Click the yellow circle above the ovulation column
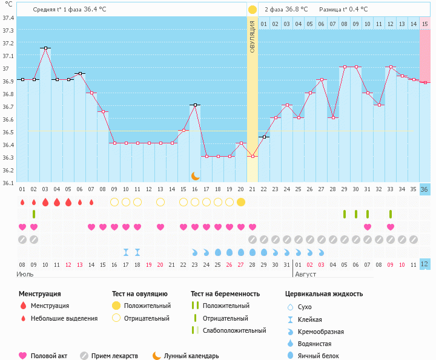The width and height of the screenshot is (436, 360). point(252,10)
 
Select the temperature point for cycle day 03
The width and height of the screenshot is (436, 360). point(45,48)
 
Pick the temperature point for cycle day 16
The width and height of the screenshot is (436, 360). point(195,105)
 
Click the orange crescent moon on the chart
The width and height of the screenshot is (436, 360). point(195,175)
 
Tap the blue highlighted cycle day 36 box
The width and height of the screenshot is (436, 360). point(425,189)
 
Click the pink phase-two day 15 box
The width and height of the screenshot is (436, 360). point(425,24)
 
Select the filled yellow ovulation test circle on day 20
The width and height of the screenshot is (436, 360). point(241,202)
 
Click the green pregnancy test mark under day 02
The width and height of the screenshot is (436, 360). point(34,214)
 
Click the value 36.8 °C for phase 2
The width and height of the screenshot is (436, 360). point(297,10)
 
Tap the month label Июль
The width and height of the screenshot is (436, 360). point(25,274)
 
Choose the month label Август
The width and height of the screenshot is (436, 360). point(306,274)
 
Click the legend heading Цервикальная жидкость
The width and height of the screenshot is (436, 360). point(324,293)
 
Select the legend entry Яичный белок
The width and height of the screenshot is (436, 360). point(323,356)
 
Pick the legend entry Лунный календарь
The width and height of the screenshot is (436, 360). point(193,356)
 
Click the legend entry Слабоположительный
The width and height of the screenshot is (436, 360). point(234,330)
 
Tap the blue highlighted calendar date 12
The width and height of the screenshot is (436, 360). point(425,264)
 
